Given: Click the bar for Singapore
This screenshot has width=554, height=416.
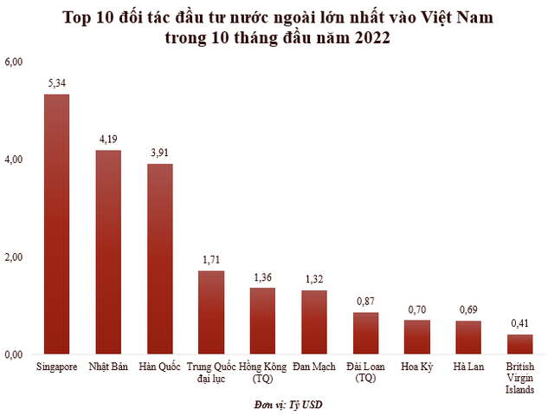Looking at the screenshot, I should (56, 224).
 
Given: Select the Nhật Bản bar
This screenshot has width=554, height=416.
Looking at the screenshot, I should (108, 252).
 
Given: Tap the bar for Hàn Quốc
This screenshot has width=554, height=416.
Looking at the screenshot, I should (159, 259).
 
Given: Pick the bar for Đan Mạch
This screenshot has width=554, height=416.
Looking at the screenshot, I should (314, 322).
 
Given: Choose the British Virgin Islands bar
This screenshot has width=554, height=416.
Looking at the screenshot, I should (520, 344).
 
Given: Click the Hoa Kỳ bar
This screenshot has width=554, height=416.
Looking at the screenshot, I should (417, 337).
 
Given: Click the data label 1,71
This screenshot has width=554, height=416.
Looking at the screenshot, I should (211, 261).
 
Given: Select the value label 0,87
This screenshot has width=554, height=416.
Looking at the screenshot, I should (365, 302).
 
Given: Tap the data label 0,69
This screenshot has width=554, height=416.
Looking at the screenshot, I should (468, 310).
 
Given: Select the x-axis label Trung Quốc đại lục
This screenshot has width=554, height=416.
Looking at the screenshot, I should (211, 373).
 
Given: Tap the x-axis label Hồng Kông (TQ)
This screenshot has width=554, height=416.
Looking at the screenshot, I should (262, 373).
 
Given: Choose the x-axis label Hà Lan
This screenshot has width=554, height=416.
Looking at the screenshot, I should (468, 367).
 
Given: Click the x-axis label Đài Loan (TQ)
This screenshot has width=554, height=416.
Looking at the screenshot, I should (365, 373).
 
